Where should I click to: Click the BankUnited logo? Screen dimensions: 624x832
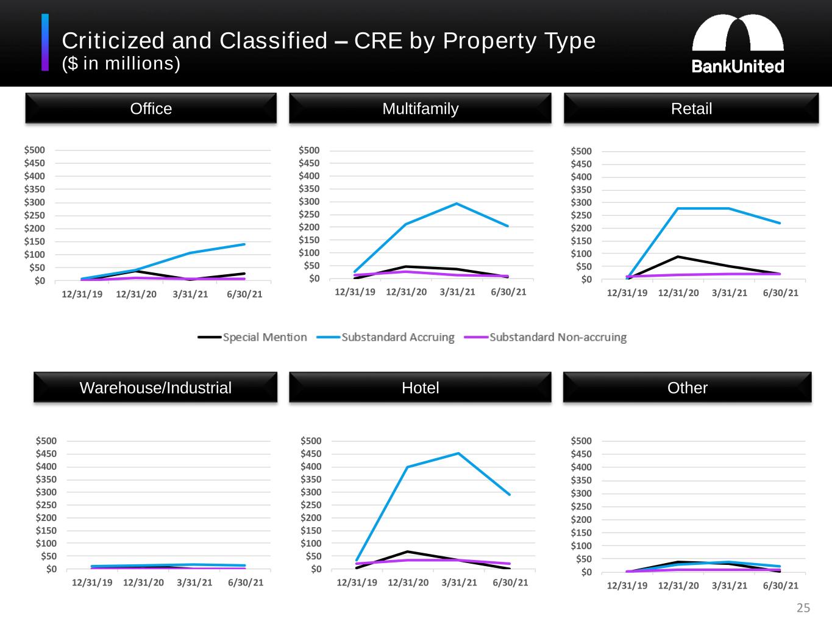click(x=738, y=44)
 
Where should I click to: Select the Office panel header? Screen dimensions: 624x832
click(x=151, y=108)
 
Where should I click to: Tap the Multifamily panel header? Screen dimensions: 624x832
click(x=420, y=108)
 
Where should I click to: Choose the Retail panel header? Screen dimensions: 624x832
click(x=691, y=108)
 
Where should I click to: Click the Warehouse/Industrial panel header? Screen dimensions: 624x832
click(x=155, y=388)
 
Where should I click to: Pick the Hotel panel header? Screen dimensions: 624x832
click(x=420, y=388)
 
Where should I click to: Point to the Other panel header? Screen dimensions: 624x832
click(x=687, y=388)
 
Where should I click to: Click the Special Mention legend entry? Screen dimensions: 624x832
click(x=252, y=337)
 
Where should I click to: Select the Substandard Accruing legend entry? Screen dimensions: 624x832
click(x=386, y=337)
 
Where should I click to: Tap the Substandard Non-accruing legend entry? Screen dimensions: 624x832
click(x=546, y=337)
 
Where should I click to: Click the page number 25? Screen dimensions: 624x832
click(x=803, y=608)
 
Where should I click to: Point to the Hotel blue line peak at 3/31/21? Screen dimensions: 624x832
click(x=458, y=453)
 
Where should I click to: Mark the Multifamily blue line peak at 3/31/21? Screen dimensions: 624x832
click(x=457, y=204)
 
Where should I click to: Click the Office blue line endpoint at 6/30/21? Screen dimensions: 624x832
click(x=244, y=244)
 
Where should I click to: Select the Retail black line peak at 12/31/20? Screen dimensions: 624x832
click(x=678, y=257)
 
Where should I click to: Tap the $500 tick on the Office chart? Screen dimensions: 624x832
click(x=35, y=150)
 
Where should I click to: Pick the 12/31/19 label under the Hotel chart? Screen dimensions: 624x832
click(x=357, y=583)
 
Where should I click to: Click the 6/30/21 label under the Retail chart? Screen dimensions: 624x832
click(x=780, y=293)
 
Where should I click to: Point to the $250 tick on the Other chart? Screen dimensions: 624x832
click(x=581, y=506)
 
